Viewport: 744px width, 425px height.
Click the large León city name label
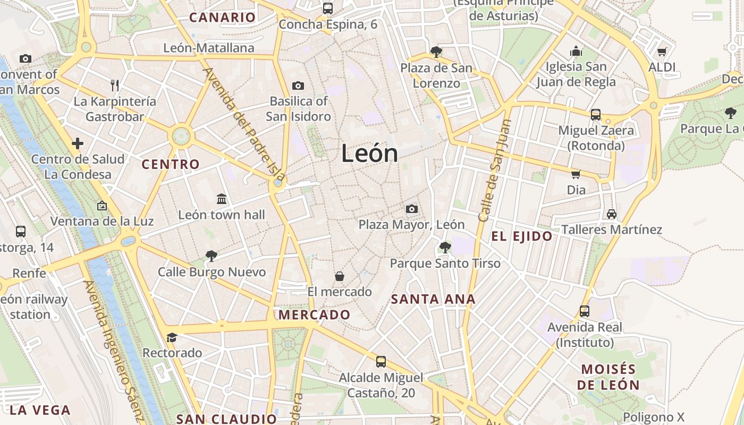pyautogui.click(x=369, y=154)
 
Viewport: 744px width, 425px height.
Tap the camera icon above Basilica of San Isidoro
pyautogui.click(x=298, y=86)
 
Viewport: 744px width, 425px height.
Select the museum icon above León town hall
pyautogui.click(x=222, y=199)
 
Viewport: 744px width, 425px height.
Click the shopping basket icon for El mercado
pyautogui.click(x=340, y=276)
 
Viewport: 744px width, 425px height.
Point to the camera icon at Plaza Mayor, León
pyautogui.click(x=411, y=209)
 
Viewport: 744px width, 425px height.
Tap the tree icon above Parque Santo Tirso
pyautogui.click(x=445, y=247)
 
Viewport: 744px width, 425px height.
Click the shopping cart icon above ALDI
pyautogui.click(x=662, y=52)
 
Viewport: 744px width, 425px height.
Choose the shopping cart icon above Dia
pyautogui.click(x=576, y=174)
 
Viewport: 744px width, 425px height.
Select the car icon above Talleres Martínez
pyautogui.click(x=612, y=214)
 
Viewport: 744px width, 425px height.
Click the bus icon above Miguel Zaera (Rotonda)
pyautogui.click(x=596, y=114)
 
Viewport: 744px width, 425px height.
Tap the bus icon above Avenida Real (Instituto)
pyautogui.click(x=585, y=311)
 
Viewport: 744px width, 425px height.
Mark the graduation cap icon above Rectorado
pyautogui.click(x=172, y=337)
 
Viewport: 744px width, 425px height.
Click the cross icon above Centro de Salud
pyautogui.click(x=78, y=143)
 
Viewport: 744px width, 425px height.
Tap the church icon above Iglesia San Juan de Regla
pyautogui.click(x=576, y=52)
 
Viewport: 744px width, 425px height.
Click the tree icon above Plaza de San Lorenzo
pyautogui.click(x=436, y=52)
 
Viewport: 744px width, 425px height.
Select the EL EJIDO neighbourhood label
pyautogui.click(x=522, y=236)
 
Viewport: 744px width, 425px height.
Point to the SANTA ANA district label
pyautogui.click(x=433, y=299)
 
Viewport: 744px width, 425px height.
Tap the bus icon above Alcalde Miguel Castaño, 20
pyautogui.click(x=381, y=362)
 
